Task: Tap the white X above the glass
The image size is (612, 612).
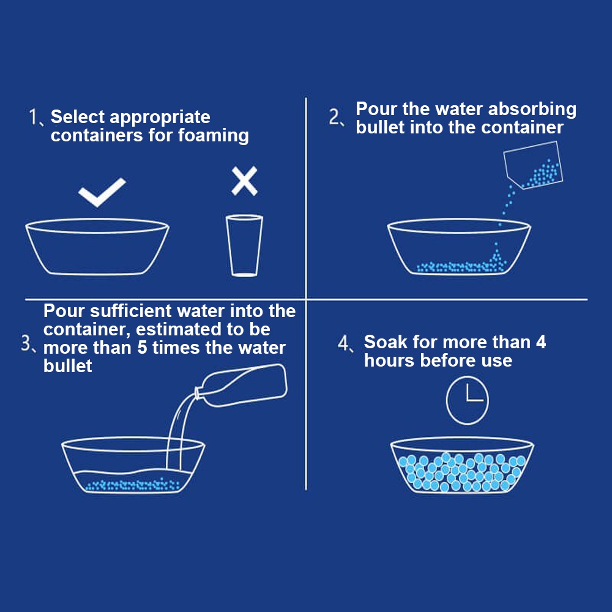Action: coord(244,181)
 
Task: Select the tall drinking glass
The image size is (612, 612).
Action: coord(244,245)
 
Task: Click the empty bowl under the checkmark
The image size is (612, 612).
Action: coord(97,246)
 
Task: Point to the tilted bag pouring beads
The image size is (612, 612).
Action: coord(533,165)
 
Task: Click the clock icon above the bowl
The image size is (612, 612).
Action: coord(467,400)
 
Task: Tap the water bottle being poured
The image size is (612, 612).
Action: coord(242,386)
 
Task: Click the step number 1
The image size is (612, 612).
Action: coord(33,117)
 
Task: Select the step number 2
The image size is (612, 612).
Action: coord(335,117)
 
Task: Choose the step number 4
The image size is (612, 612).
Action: coord(343,343)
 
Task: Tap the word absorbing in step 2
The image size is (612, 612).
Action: coord(532,110)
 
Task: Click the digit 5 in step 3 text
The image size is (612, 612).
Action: coord(142,348)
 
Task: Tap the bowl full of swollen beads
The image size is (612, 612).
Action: coord(462,465)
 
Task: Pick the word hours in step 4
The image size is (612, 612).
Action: coord(389,360)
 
